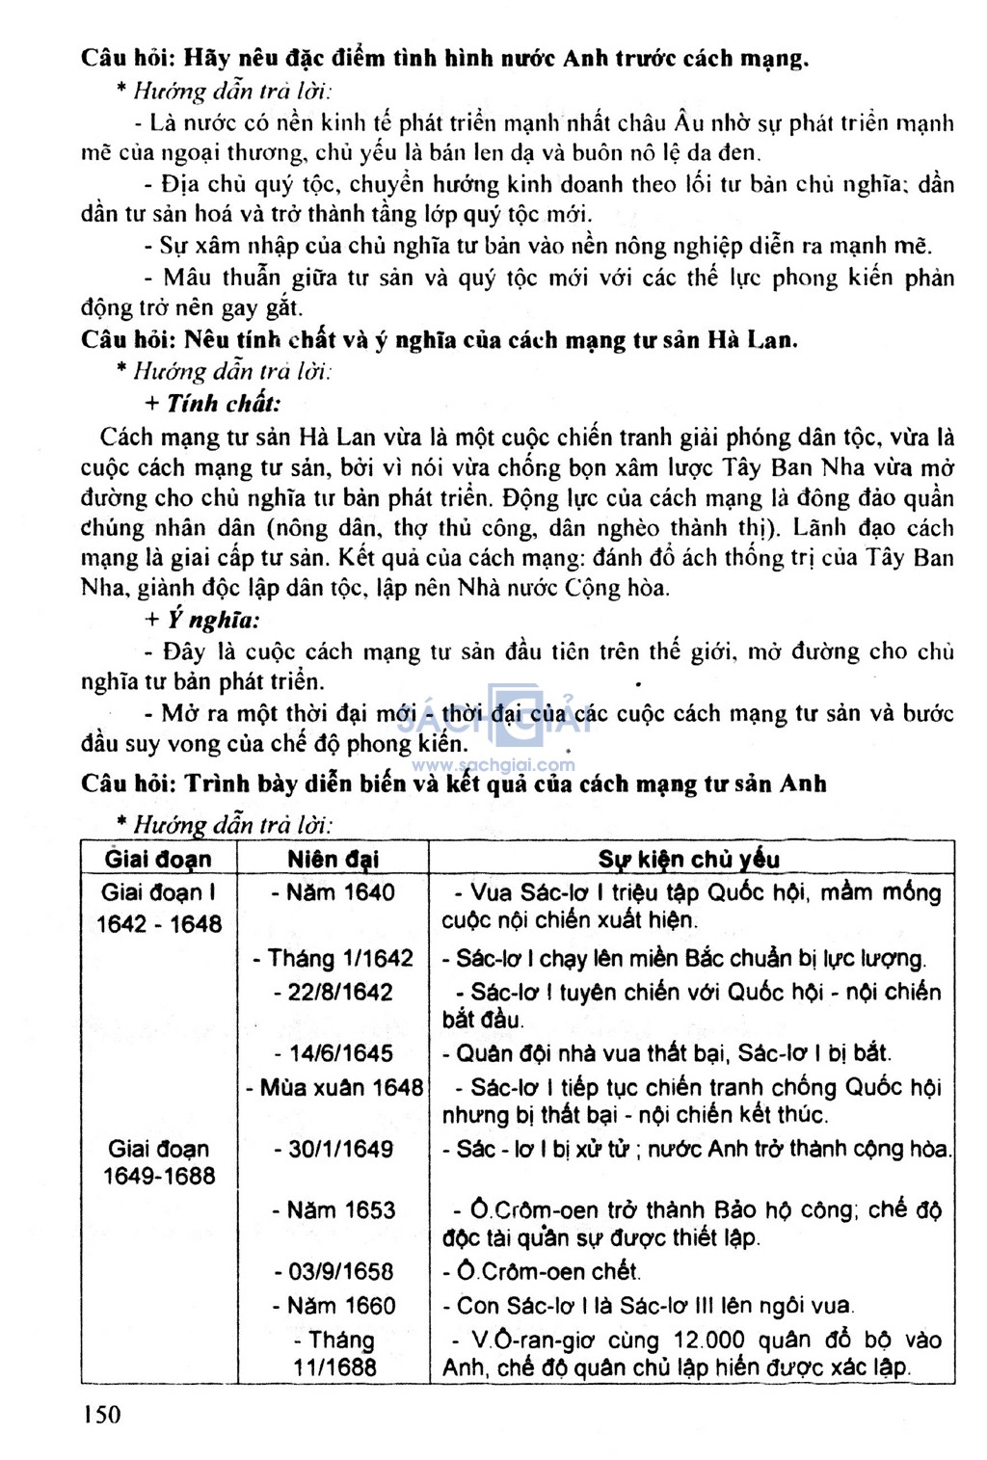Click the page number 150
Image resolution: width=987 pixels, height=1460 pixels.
102,1414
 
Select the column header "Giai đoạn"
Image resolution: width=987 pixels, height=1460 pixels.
158,859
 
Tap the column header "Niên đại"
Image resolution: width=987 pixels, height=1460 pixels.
333,859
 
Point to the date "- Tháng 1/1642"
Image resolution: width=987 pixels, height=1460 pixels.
333,959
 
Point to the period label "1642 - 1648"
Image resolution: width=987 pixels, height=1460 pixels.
158,924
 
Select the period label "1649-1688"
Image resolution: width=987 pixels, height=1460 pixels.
159,1176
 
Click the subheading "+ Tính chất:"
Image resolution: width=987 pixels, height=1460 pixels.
213,404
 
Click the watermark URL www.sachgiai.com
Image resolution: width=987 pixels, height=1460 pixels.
493,765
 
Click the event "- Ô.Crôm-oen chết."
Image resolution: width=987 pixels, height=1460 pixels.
542,1272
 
